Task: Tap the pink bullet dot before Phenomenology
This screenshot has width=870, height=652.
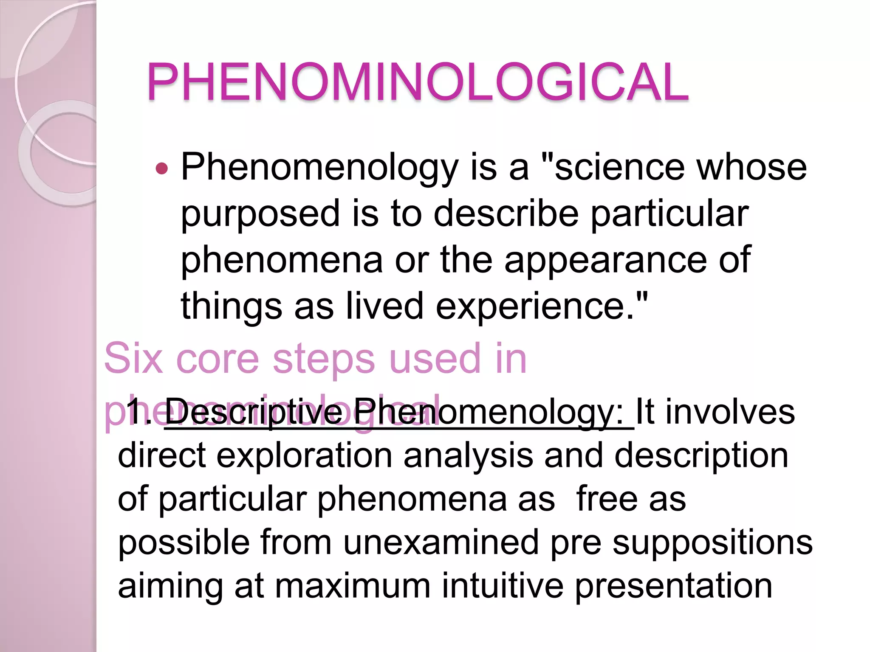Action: click(x=162, y=169)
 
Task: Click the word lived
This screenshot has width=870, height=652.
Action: click(x=384, y=306)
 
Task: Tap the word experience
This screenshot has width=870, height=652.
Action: click(x=536, y=306)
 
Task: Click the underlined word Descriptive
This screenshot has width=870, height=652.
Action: click(x=254, y=411)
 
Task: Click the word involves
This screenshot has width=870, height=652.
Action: click(x=730, y=411)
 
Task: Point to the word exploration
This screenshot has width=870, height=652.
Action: click(x=304, y=455)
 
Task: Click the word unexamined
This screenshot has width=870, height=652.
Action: click(x=441, y=542)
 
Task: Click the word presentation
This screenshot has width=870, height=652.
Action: click(x=673, y=587)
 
